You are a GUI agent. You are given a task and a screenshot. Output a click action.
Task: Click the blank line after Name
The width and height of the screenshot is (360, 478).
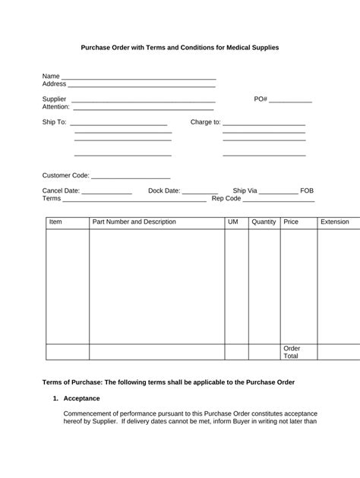[138, 77]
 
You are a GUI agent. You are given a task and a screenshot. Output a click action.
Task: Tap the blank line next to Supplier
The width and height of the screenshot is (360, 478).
[143, 100]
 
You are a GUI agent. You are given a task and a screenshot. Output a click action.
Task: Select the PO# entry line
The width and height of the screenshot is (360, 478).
[290, 100]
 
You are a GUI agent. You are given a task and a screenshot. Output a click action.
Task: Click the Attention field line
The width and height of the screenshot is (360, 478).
[144, 108]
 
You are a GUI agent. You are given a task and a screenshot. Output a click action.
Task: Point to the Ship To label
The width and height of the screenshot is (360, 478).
[54, 122]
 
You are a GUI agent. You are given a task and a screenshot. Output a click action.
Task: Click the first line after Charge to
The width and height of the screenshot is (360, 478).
[264, 123]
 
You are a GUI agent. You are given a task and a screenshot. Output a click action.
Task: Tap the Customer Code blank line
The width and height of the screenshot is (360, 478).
[131, 176]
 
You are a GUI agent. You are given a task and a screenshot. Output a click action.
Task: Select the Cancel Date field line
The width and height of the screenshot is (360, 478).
[106, 191]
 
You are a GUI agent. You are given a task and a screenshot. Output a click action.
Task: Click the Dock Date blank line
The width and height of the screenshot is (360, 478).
[200, 191]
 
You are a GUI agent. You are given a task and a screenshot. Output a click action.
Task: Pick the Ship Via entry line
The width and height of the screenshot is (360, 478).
[279, 191]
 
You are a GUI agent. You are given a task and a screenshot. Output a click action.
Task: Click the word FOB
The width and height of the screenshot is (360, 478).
[307, 191]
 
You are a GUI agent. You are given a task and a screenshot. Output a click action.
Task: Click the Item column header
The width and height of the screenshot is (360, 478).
[55, 222]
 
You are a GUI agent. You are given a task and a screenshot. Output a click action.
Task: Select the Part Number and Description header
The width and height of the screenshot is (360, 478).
[134, 222]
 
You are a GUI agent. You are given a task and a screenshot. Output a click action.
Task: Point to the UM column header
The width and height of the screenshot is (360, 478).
[232, 222]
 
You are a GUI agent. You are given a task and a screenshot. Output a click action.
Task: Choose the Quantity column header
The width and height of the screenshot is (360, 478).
[264, 222]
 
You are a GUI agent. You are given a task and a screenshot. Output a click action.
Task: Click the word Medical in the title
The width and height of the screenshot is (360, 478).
[231, 48]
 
